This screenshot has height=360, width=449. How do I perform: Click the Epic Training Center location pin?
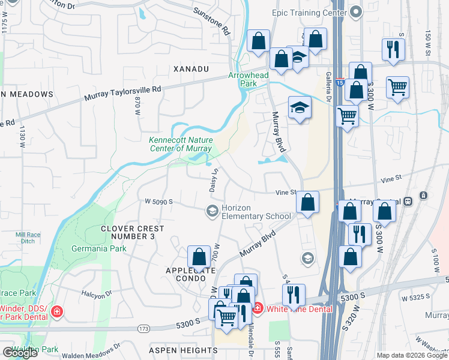point(356,12)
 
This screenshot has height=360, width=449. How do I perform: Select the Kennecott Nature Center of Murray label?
point(181,144)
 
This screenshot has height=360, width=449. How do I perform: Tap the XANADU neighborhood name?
point(191,70)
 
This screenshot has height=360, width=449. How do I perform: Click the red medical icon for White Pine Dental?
point(257,308)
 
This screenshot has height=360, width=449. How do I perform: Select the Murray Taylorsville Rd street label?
point(123,93)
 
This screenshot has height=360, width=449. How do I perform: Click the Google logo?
point(20,352)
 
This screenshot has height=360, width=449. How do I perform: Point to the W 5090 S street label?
point(158,202)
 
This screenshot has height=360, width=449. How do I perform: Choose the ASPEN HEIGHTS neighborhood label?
point(189,350)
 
